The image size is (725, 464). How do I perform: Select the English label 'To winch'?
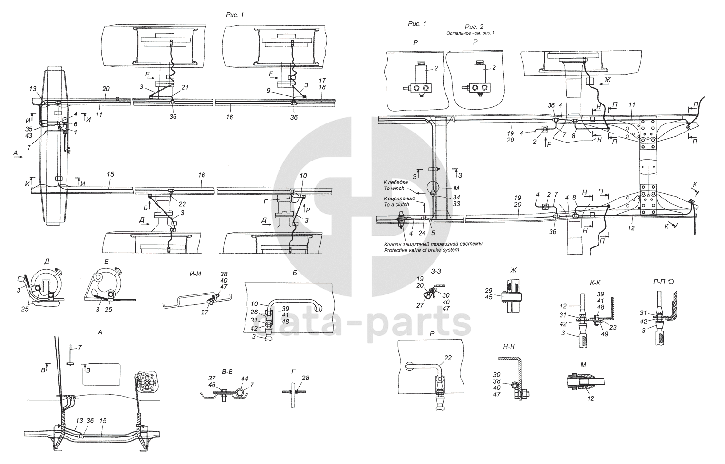[x=394, y=189]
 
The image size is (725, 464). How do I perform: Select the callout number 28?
[x=305, y=378]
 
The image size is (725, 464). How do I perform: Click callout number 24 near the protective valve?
[x=422, y=233]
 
